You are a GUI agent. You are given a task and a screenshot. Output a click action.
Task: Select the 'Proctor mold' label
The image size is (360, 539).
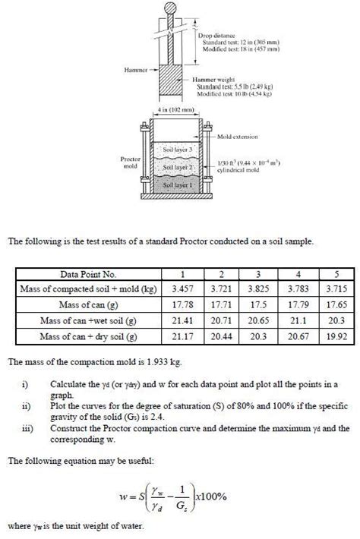pos(129,162)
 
